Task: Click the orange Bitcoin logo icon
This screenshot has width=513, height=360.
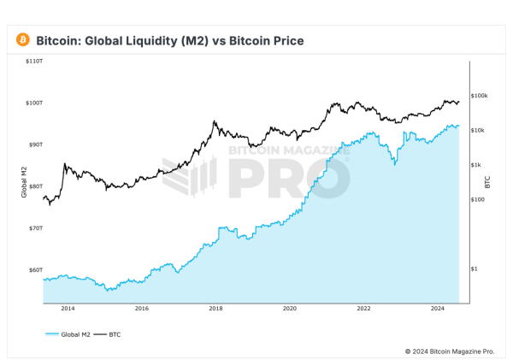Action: (22, 40)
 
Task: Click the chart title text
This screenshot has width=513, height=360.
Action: (169, 40)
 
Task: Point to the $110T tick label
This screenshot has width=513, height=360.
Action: (35, 62)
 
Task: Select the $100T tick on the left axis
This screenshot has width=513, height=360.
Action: (35, 103)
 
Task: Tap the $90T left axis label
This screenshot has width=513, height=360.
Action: (36, 145)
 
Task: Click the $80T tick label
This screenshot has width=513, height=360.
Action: (36, 186)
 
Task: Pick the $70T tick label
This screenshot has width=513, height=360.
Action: (36, 228)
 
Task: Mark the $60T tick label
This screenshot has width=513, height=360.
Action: (36, 269)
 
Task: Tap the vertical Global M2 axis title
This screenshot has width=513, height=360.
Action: (24, 182)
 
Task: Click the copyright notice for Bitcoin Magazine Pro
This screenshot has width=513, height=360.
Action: (449, 351)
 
